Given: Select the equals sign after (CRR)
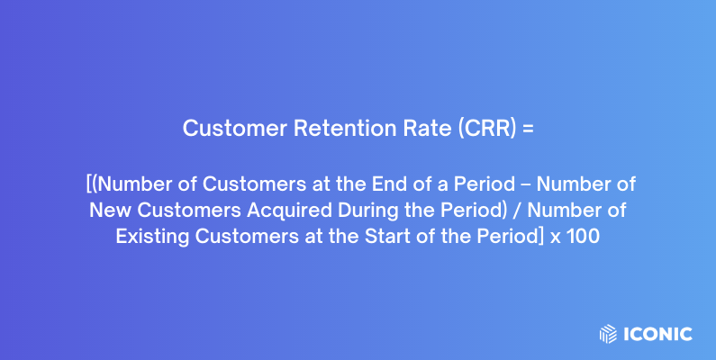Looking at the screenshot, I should [529, 129].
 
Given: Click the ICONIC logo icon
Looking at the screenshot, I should [608, 334].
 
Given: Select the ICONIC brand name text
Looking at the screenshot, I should [657, 334].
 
